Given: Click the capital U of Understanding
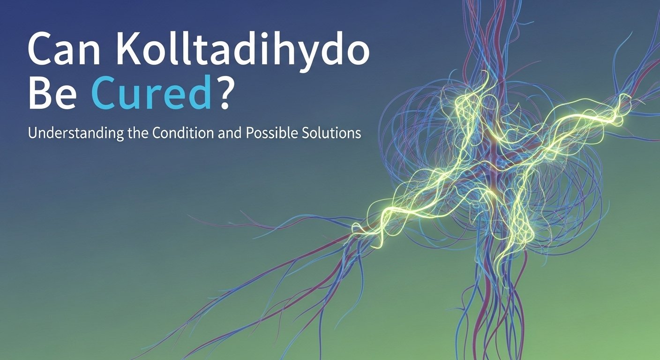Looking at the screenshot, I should [x=32, y=133].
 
